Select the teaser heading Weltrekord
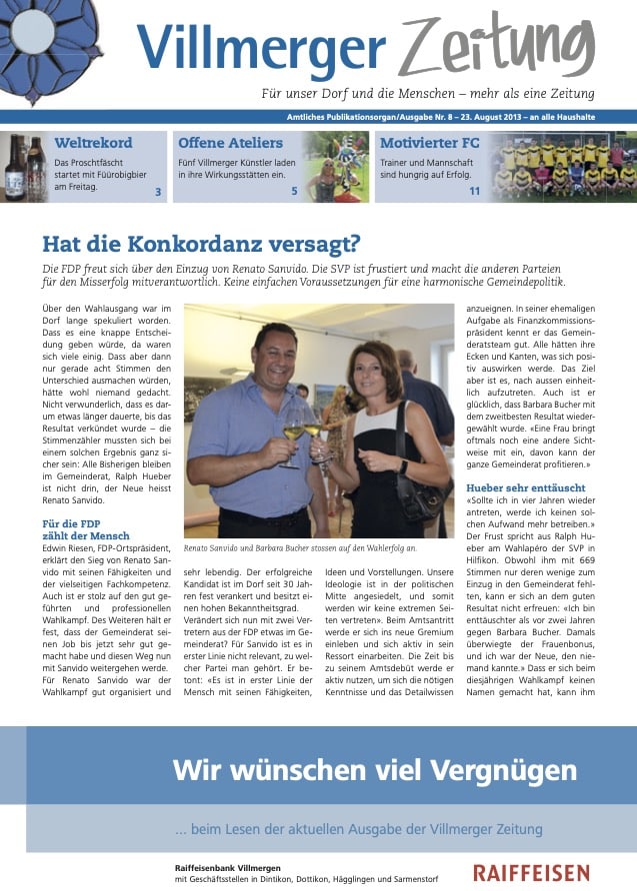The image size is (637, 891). pyautogui.click(x=93, y=143)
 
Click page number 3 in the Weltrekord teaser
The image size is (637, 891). pyautogui.click(x=158, y=191)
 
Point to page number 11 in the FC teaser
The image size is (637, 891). pyautogui.click(x=474, y=191)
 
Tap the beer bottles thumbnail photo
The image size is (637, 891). pyautogui.click(x=26, y=167)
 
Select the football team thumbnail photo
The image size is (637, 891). pyautogui.click(x=567, y=167)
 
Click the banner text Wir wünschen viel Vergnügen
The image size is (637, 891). pyautogui.click(x=375, y=769)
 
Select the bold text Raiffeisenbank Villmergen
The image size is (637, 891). pyautogui.click(x=227, y=868)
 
